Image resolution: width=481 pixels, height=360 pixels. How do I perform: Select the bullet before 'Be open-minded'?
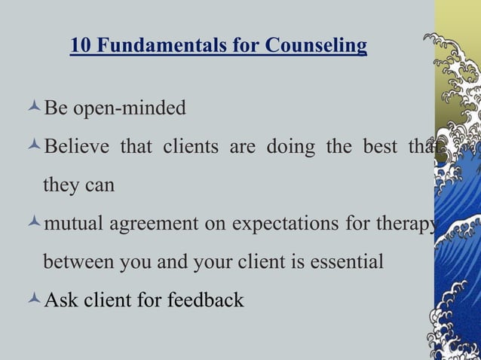[x=34, y=108]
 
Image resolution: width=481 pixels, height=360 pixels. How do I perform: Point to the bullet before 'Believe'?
[x=34, y=146]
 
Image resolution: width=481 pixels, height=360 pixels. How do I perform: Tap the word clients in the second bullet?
[x=188, y=146]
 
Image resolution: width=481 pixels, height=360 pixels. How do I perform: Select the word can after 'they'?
[x=99, y=185]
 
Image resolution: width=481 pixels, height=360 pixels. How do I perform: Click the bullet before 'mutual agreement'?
[x=34, y=224]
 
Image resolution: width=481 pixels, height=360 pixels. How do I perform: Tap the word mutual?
[x=75, y=224]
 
